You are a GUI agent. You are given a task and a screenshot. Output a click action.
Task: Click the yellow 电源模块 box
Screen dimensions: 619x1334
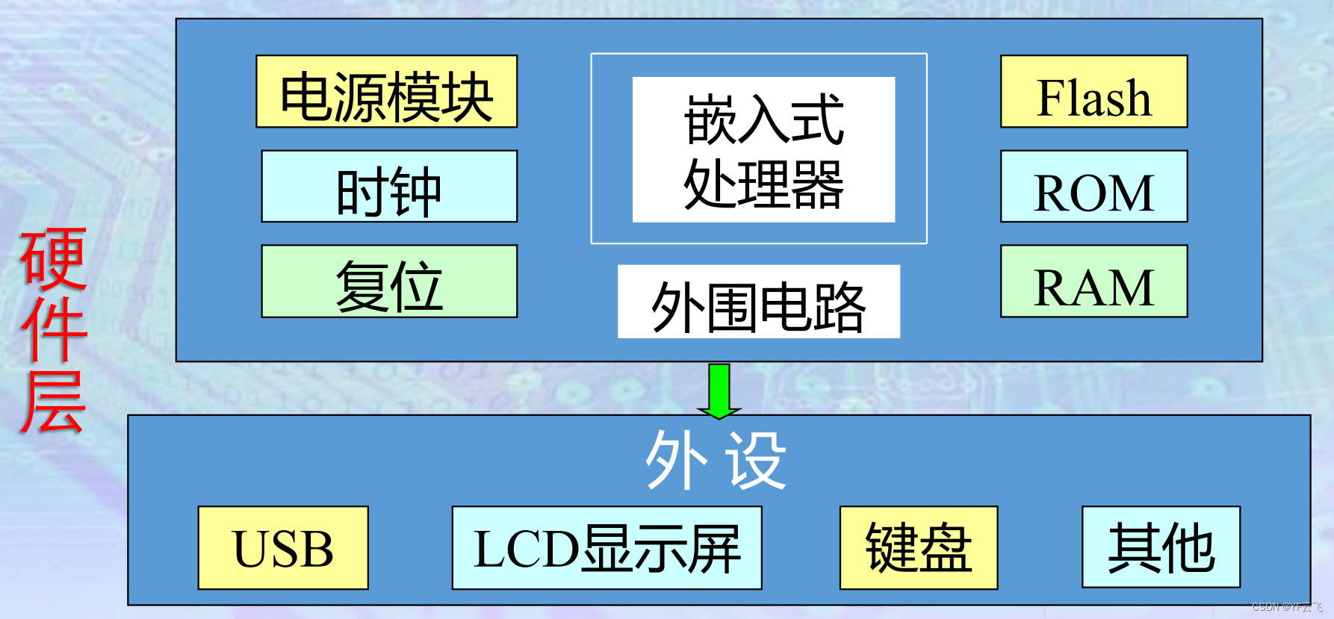tap(386, 92)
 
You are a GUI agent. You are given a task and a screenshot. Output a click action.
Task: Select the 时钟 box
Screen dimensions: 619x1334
tap(388, 187)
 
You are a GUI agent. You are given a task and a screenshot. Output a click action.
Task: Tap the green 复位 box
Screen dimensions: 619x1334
tap(388, 281)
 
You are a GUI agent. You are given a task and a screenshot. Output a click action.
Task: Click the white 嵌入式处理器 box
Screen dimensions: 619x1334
tap(763, 149)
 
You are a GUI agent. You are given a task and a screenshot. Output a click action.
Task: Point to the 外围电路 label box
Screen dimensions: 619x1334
tap(758, 302)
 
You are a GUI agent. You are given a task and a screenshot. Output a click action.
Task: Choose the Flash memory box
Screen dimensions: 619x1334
tap(1093, 92)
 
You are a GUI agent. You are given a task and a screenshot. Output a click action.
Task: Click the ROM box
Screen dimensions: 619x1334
tap(1093, 187)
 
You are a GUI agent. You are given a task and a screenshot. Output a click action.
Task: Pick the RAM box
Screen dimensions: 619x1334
tap(1093, 281)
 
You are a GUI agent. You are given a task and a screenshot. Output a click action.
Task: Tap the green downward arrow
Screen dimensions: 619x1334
tap(719, 391)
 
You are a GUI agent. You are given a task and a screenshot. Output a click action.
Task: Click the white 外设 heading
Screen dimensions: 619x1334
tap(716, 461)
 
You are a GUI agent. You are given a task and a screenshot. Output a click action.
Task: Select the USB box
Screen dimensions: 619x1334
tap(283, 548)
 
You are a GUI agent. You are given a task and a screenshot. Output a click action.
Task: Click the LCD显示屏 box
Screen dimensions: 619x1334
tap(606, 548)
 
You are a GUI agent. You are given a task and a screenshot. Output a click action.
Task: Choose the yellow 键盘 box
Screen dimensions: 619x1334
tap(918, 548)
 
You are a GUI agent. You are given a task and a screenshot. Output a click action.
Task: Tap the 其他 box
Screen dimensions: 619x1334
tap(1161, 548)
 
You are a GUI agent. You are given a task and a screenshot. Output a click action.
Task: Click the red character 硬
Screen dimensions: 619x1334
tap(53, 259)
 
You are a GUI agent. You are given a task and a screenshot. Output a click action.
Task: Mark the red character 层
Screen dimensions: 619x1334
tap(53, 401)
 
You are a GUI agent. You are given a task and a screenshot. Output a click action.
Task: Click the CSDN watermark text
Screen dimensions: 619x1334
tap(1286, 607)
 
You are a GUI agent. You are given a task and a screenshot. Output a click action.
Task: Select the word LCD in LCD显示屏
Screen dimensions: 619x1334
tap(527, 550)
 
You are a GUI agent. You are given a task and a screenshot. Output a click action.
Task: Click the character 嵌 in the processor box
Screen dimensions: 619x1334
tap(710, 119)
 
